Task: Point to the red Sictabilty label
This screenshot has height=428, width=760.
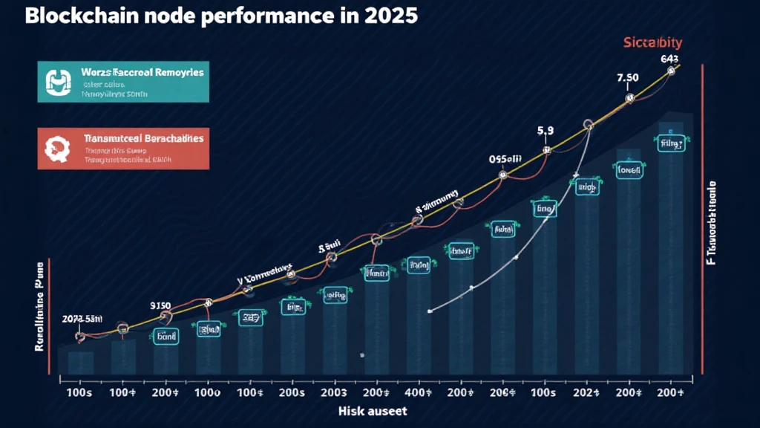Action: coord(652,44)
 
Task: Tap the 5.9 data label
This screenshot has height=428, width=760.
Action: coord(546,131)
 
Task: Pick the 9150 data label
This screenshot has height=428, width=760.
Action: coord(160,305)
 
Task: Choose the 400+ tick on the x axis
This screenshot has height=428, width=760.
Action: coord(417,391)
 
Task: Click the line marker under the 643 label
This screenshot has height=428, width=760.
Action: coord(671,71)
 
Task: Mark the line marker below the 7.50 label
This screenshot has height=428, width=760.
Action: coord(630,98)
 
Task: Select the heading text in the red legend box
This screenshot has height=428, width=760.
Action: coord(143,138)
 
